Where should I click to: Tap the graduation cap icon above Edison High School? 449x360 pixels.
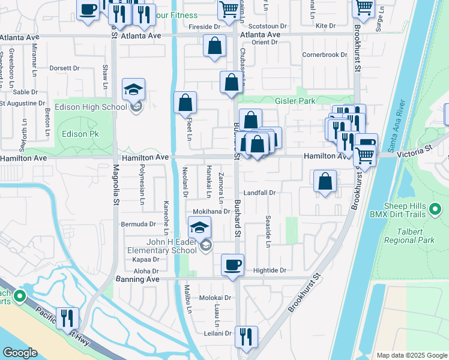pyautogui.click(x=133, y=90)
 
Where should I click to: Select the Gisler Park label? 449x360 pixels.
pyautogui.click(x=295, y=101)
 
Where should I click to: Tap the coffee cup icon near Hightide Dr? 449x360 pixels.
pyautogui.click(x=232, y=265)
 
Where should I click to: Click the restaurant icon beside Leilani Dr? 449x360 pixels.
pyautogui.click(x=246, y=337)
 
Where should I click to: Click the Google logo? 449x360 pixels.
pyautogui.click(x=20, y=353)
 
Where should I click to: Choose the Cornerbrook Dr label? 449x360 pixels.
pyautogui.click(x=325, y=55)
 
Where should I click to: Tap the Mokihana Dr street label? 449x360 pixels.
pyautogui.click(x=211, y=211)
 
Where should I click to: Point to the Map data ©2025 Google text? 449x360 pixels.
pyautogui.click(x=411, y=355)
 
